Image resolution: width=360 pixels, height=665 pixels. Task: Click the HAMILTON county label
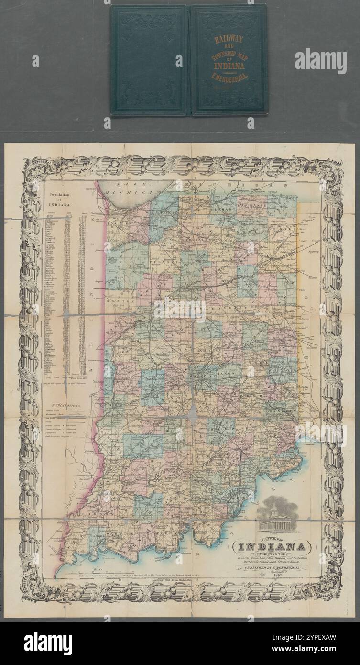tap(212, 350)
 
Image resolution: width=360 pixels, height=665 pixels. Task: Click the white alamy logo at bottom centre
tap(48, 643)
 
